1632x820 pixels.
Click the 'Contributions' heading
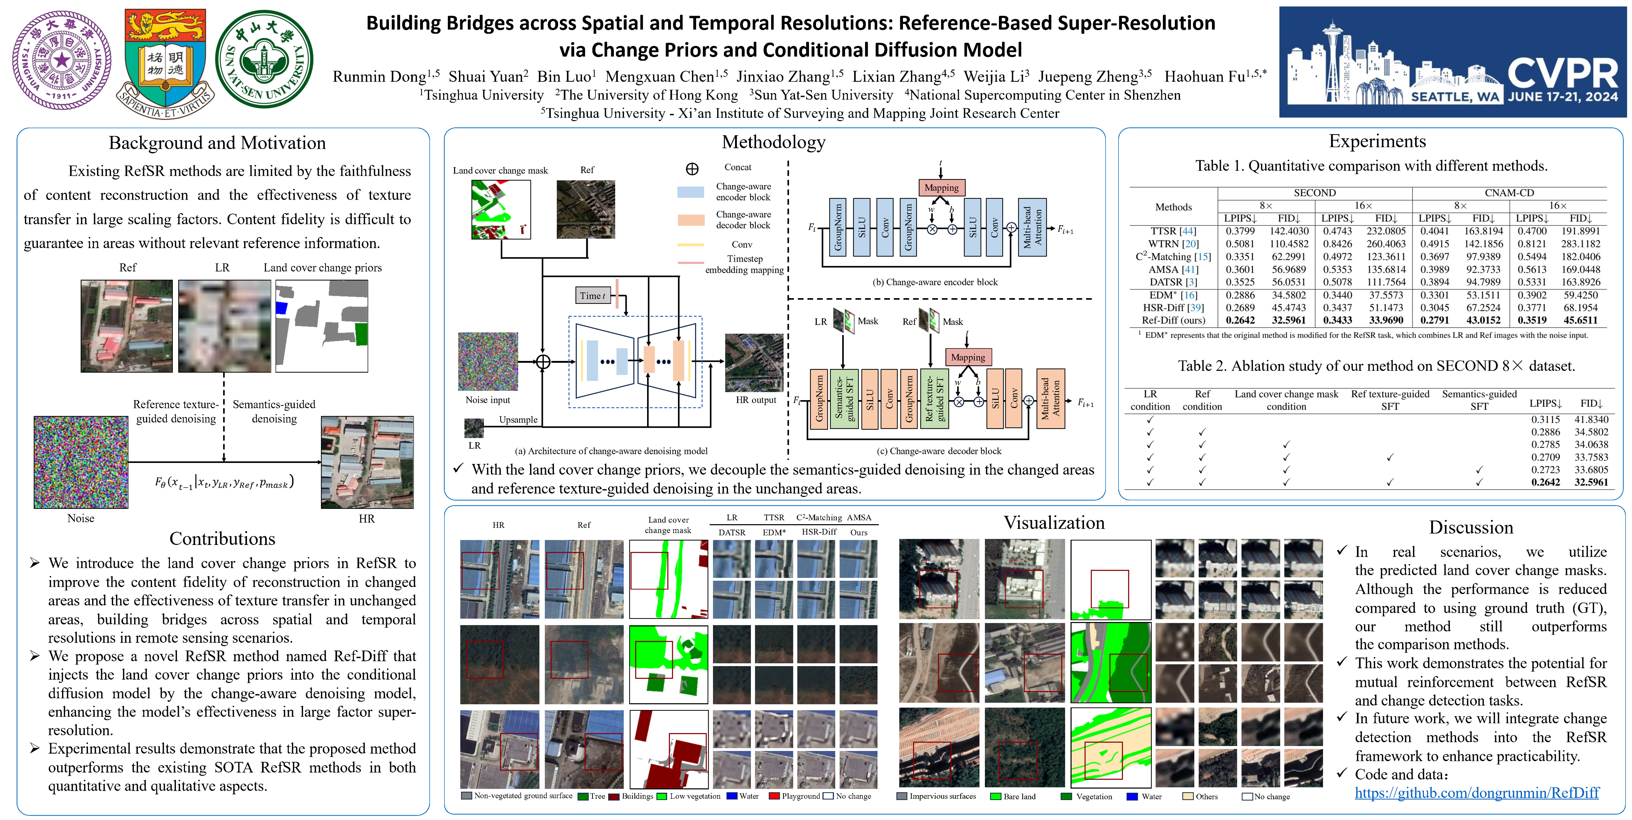[x=222, y=538]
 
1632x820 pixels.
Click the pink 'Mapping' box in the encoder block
[x=942, y=187]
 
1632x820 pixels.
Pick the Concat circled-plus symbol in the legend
[x=692, y=169]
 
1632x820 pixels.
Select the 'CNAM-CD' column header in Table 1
[x=1509, y=193]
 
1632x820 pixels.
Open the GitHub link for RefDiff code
[x=1477, y=793]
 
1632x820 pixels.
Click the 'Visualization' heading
[x=1053, y=523]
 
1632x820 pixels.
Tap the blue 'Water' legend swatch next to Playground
[x=732, y=796]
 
